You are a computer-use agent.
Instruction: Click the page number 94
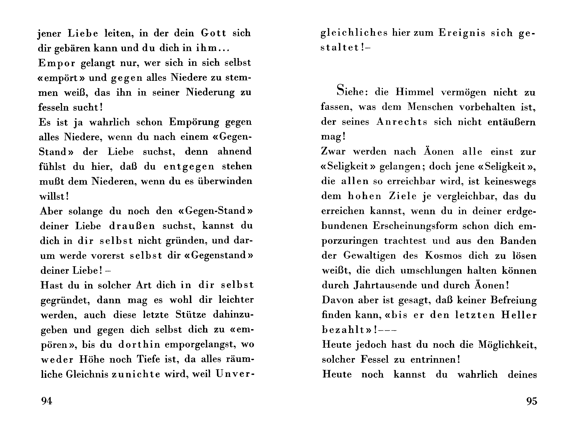point(47,401)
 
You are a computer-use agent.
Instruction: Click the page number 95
point(532,401)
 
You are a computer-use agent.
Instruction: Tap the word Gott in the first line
point(213,33)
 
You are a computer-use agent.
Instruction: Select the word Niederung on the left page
point(210,92)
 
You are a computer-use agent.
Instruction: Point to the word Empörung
point(194,122)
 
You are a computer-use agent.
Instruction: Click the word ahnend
point(235,152)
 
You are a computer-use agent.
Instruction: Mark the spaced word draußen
point(132,226)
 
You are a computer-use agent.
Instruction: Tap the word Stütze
point(191,315)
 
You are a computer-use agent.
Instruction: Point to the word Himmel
point(414,92)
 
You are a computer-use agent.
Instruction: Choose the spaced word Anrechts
point(402,122)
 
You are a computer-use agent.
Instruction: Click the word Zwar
point(333,152)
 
